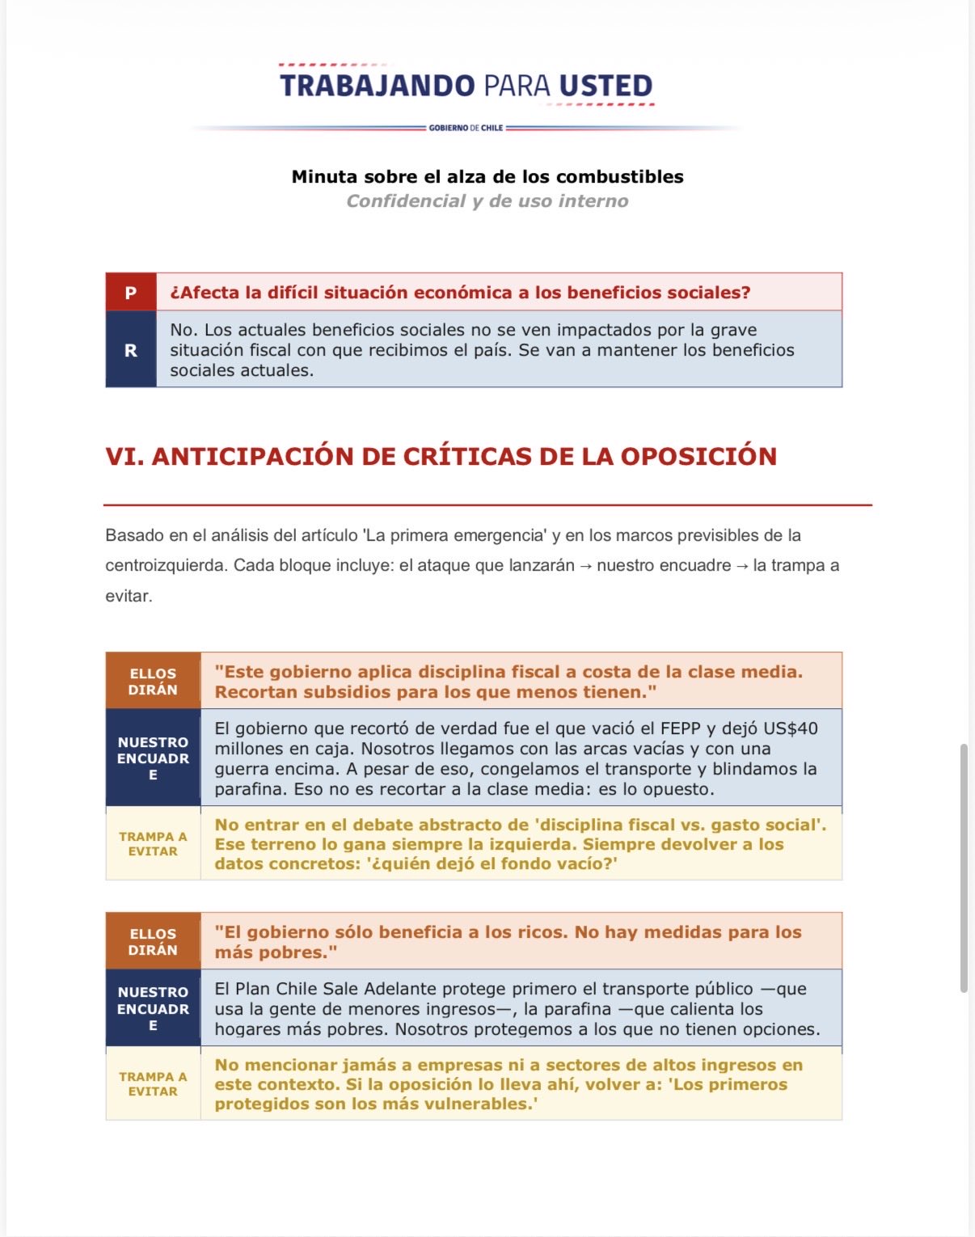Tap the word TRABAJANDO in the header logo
pos(377,86)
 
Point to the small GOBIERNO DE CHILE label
pos(466,128)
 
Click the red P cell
pos(131,292)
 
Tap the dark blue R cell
pos(131,350)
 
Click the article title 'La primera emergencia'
pos(455,535)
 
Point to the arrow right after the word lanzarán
pos(585,566)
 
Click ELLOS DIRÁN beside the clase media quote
pos(153,681)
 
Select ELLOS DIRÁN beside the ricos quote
pos(153,941)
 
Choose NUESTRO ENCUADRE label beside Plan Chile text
pos(153,1008)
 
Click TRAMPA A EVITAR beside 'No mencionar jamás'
pos(153,1083)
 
